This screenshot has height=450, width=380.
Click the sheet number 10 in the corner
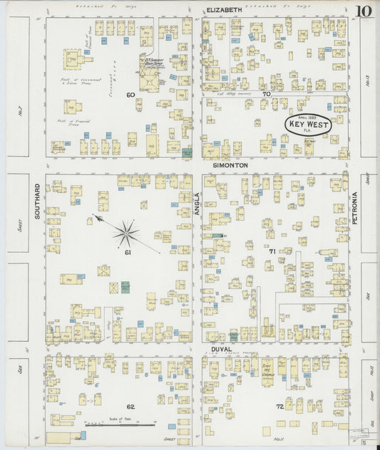click(363, 11)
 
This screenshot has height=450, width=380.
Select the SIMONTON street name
click(230, 164)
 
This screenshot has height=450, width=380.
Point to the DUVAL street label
click(221, 350)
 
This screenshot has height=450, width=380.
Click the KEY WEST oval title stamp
click(308, 125)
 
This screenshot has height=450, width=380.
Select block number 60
click(130, 94)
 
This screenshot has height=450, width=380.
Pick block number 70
click(265, 94)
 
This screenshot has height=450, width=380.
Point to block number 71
click(272, 252)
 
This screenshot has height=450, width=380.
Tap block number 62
click(130, 407)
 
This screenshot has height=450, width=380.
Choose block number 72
click(280, 406)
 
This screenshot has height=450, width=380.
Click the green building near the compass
click(125, 287)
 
